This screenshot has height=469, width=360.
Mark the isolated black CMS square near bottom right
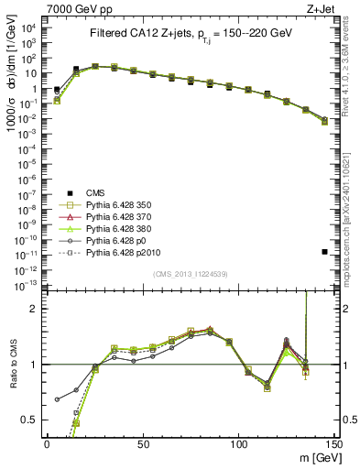[325, 251]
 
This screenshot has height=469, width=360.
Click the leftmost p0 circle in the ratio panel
[57, 399]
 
